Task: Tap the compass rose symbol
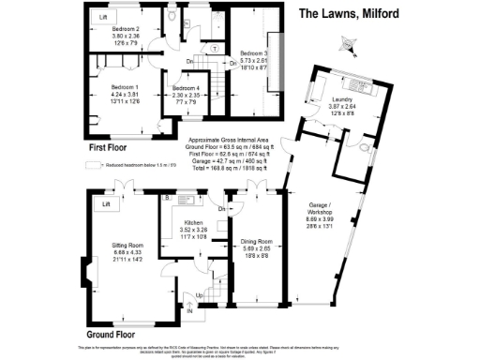pyautogui.click(x=350, y=43)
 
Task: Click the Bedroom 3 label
pyautogui.click(x=253, y=53)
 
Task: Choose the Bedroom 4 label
pyautogui.click(x=186, y=87)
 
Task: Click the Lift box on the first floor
pyautogui.click(x=103, y=18)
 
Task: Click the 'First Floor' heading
pyautogui.click(x=109, y=148)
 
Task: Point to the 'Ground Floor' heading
pyautogui.click(x=115, y=333)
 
